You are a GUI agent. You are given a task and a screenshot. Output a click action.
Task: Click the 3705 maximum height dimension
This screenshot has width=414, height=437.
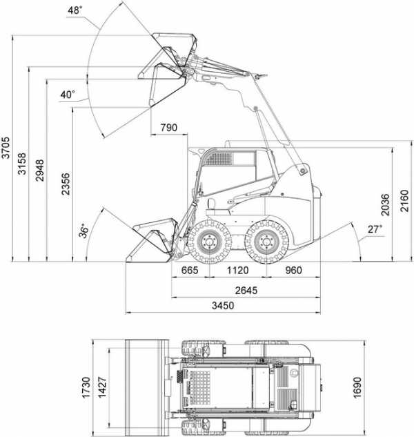tap(6, 148)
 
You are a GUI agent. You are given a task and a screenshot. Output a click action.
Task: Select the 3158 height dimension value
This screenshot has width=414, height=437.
tap(21, 164)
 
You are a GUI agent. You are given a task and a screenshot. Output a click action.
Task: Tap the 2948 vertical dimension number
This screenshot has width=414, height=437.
tap(39, 171)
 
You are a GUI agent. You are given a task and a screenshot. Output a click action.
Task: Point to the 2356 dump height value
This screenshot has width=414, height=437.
tap(66, 184)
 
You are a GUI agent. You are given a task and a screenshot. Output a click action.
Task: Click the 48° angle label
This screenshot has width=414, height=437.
tap(75, 10)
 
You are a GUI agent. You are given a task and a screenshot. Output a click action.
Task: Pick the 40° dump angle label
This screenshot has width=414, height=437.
tap(68, 95)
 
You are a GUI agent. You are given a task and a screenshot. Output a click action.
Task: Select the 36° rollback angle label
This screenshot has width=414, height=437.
tap(83, 231)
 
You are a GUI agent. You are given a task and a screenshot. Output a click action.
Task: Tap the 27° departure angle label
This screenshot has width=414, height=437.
tap(375, 229)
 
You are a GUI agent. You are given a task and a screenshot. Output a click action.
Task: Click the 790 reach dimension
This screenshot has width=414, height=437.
tap(168, 128)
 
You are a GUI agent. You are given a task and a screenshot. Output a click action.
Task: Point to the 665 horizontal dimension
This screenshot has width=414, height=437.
tap(190, 270)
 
